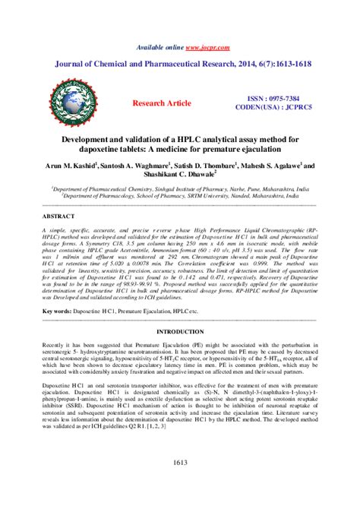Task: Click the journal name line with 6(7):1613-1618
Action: click(180, 66)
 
